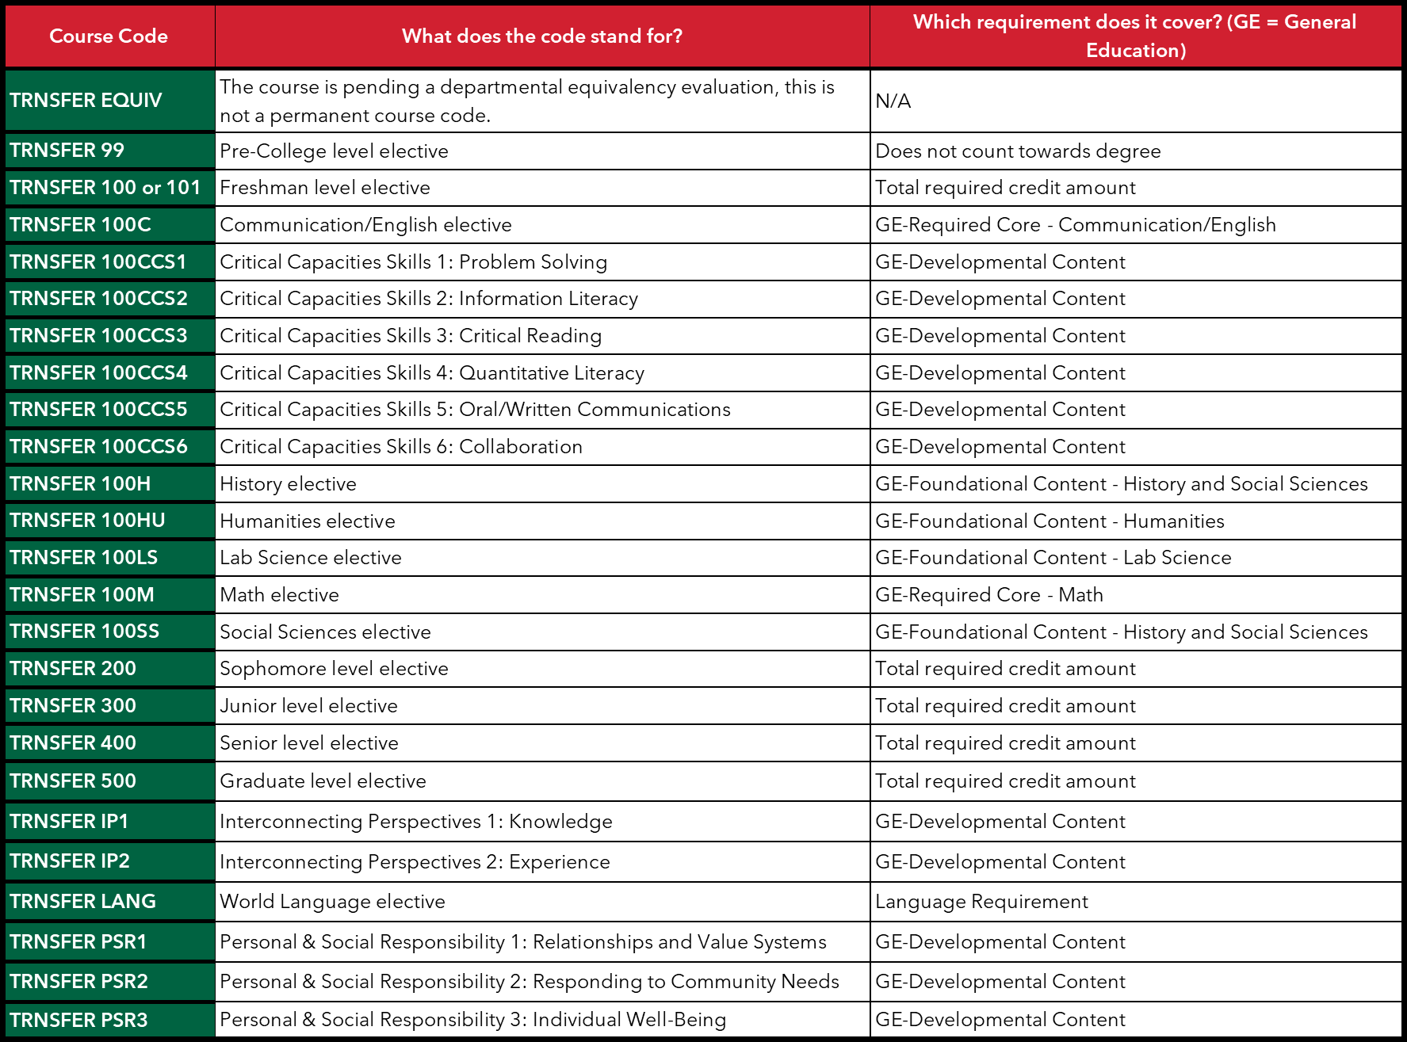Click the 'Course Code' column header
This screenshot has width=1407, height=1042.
[x=109, y=36]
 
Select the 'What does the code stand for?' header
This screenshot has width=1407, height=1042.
[x=541, y=36]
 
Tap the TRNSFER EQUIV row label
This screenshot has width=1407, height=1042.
[x=86, y=101]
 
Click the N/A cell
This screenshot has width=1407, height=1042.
[x=893, y=101]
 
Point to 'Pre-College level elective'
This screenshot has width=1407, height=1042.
[x=334, y=151]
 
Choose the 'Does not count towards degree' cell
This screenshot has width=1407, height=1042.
[x=1018, y=151]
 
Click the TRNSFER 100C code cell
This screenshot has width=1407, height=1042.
[x=80, y=225]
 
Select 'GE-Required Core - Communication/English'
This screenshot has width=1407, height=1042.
[x=1076, y=225]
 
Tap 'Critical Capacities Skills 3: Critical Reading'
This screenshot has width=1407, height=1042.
[x=411, y=336]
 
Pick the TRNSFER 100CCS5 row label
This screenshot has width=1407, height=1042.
[x=98, y=410]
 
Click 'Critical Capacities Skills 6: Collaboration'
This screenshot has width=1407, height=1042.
[x=401, y=447]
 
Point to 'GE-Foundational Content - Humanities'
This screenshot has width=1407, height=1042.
[x=1050, y=521]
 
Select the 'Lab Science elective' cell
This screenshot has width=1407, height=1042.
[x=311, y=558]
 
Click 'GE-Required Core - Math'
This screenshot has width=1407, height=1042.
[x=989, y=595]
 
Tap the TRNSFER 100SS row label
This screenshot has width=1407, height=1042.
[x=84, y=632]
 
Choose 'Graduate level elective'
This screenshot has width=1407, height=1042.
[x=323, y=781]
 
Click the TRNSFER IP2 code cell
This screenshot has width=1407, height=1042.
[x=70, y=861]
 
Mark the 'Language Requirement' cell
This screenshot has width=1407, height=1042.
[x=981, y=902]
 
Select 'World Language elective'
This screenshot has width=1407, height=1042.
[x=332, y=902]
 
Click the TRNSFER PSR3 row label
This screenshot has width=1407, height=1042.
[x=78, y=1021]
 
